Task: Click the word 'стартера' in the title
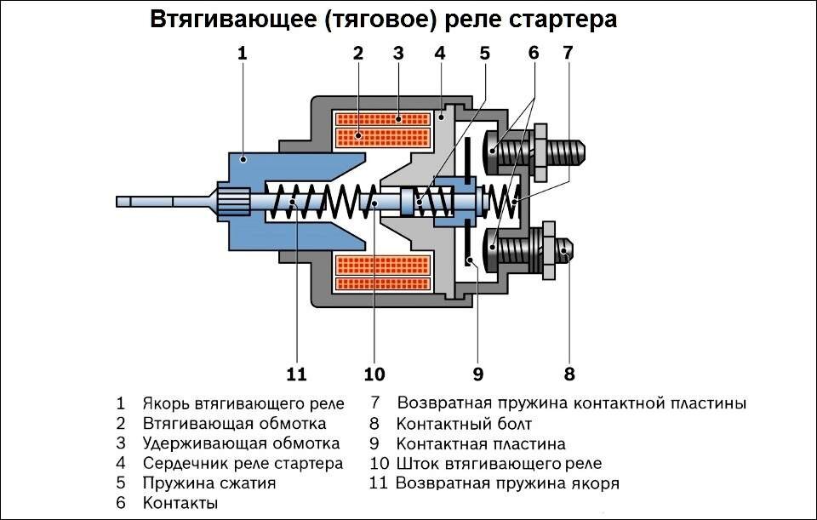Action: pyautogui.click(x=561, y=20)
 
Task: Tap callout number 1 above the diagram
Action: pyautogui.click(x=242, y=53)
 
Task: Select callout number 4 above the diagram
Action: pyautogui.click(x=440, y=53)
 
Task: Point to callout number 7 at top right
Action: pyautogui.click(x=568, y=53)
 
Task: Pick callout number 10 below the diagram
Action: pyautogui.click(x=374, y=374)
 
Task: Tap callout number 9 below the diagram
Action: pyautogui.click(x=477, y=374)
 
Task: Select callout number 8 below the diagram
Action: pyautogui.click(x=569, y=374)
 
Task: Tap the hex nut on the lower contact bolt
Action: pyautogui.click(x=550, y=249)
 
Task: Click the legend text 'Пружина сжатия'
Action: pyautogui.click(x=209, y=483)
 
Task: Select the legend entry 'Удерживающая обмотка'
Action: pyautogui.click(x=241, y=443)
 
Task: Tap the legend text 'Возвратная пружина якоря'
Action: pyautogui.click(x=507, y=483)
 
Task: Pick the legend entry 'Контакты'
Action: pyautogui.click(x=180, y=503)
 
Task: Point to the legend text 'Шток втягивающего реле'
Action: pyautogui.click(x=499, y=464)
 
